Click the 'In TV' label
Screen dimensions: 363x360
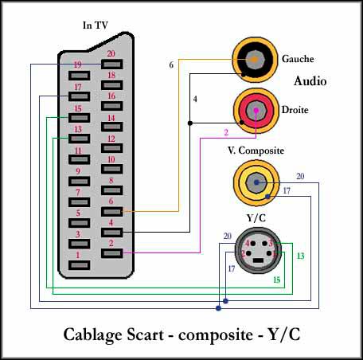coord(96,25)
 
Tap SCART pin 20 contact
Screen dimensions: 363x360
coord(111,65)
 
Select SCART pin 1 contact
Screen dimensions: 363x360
coord(79,265)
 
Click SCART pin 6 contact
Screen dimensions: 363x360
coord(111,212)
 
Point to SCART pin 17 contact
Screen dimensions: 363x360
coord(79,96)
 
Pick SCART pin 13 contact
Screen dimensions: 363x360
coord(79,139)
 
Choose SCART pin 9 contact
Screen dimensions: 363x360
coord(79,182)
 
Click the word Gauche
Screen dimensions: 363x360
coord(298,59)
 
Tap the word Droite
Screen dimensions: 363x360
coord(295,110)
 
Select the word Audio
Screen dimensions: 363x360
coord(310,81)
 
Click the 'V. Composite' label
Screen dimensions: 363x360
coord(256,151)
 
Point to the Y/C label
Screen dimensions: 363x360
coord(256,218)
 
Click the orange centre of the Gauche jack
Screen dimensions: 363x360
coord(255,60)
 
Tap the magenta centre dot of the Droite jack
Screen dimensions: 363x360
coord(256,110)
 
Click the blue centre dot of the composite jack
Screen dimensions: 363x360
coord(256,182)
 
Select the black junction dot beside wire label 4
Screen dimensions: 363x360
coord(190,123)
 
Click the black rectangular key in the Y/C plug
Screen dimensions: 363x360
coord(258,260)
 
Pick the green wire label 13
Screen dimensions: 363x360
coord(300,256)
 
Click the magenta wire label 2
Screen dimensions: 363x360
coord(226,132)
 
